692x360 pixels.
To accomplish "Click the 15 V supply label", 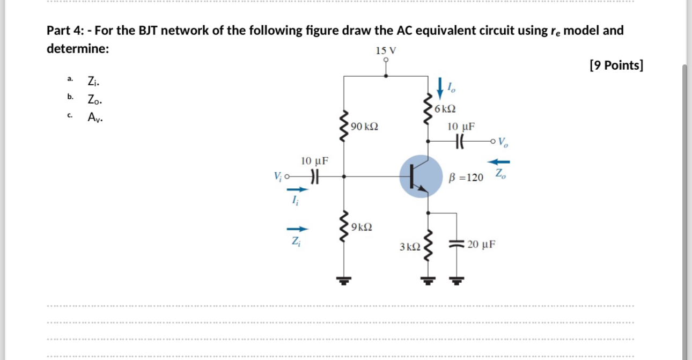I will (x=386, y=51).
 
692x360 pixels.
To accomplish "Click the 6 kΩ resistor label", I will (x=445, y=109).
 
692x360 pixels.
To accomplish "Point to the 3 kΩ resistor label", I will (x=410, y=247).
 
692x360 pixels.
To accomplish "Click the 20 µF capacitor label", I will (x=481, y=245).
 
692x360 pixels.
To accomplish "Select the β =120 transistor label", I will (x=466, y=177).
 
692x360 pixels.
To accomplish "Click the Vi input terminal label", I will (x=278, y=175).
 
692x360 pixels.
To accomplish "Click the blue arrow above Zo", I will (x=499, y=161).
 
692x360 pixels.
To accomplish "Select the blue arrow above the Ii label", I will (x=298, y=189).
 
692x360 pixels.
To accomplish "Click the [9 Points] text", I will (x=616, y=65).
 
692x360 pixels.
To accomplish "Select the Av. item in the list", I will (x=95, y=117).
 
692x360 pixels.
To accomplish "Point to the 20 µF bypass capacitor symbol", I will (x=458, y=245).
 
